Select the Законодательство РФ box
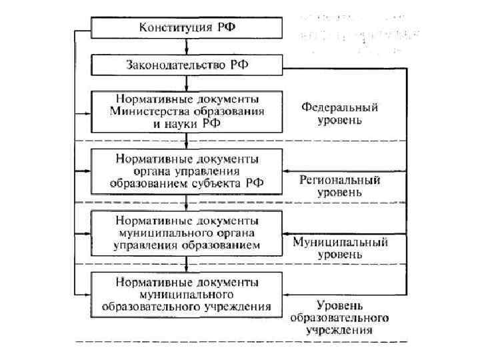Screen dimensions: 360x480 (x=187, y=65)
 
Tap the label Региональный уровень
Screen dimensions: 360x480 (x=339, y=186)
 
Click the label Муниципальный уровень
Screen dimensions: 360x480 (x=340, y=248)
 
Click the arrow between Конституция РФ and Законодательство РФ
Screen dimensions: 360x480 (x=187, y=47)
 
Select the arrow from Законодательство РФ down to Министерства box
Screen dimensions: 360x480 (x=187, y=83)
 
